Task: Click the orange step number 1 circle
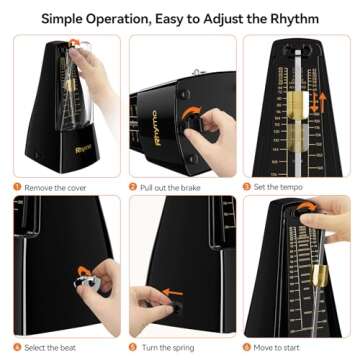click(x=17, y=185)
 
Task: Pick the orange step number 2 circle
click(x=133, y=185)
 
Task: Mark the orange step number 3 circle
click(x=249, y=185)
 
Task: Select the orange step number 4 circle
click(x=17, y=347)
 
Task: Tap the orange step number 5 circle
click(x=133, y=347)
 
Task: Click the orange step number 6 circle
click(x=249, y=347)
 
